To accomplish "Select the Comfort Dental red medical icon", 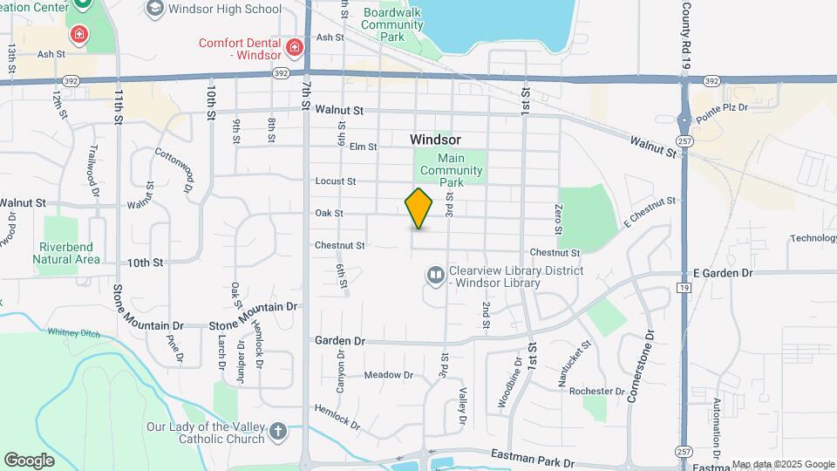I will coord(295,47).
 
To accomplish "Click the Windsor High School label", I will coord(225,10).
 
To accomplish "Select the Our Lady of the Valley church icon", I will coord(277,431).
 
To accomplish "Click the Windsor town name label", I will coord(435,140).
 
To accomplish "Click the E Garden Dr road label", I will coord(722,273).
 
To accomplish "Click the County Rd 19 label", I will coord(685,36).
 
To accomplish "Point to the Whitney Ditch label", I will coord(73,332).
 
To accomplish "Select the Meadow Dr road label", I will coord(388,375).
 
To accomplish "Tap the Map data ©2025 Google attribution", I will coord(782,464).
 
